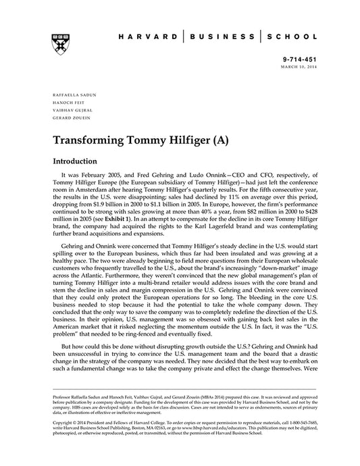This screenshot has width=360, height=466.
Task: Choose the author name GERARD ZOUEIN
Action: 65,117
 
